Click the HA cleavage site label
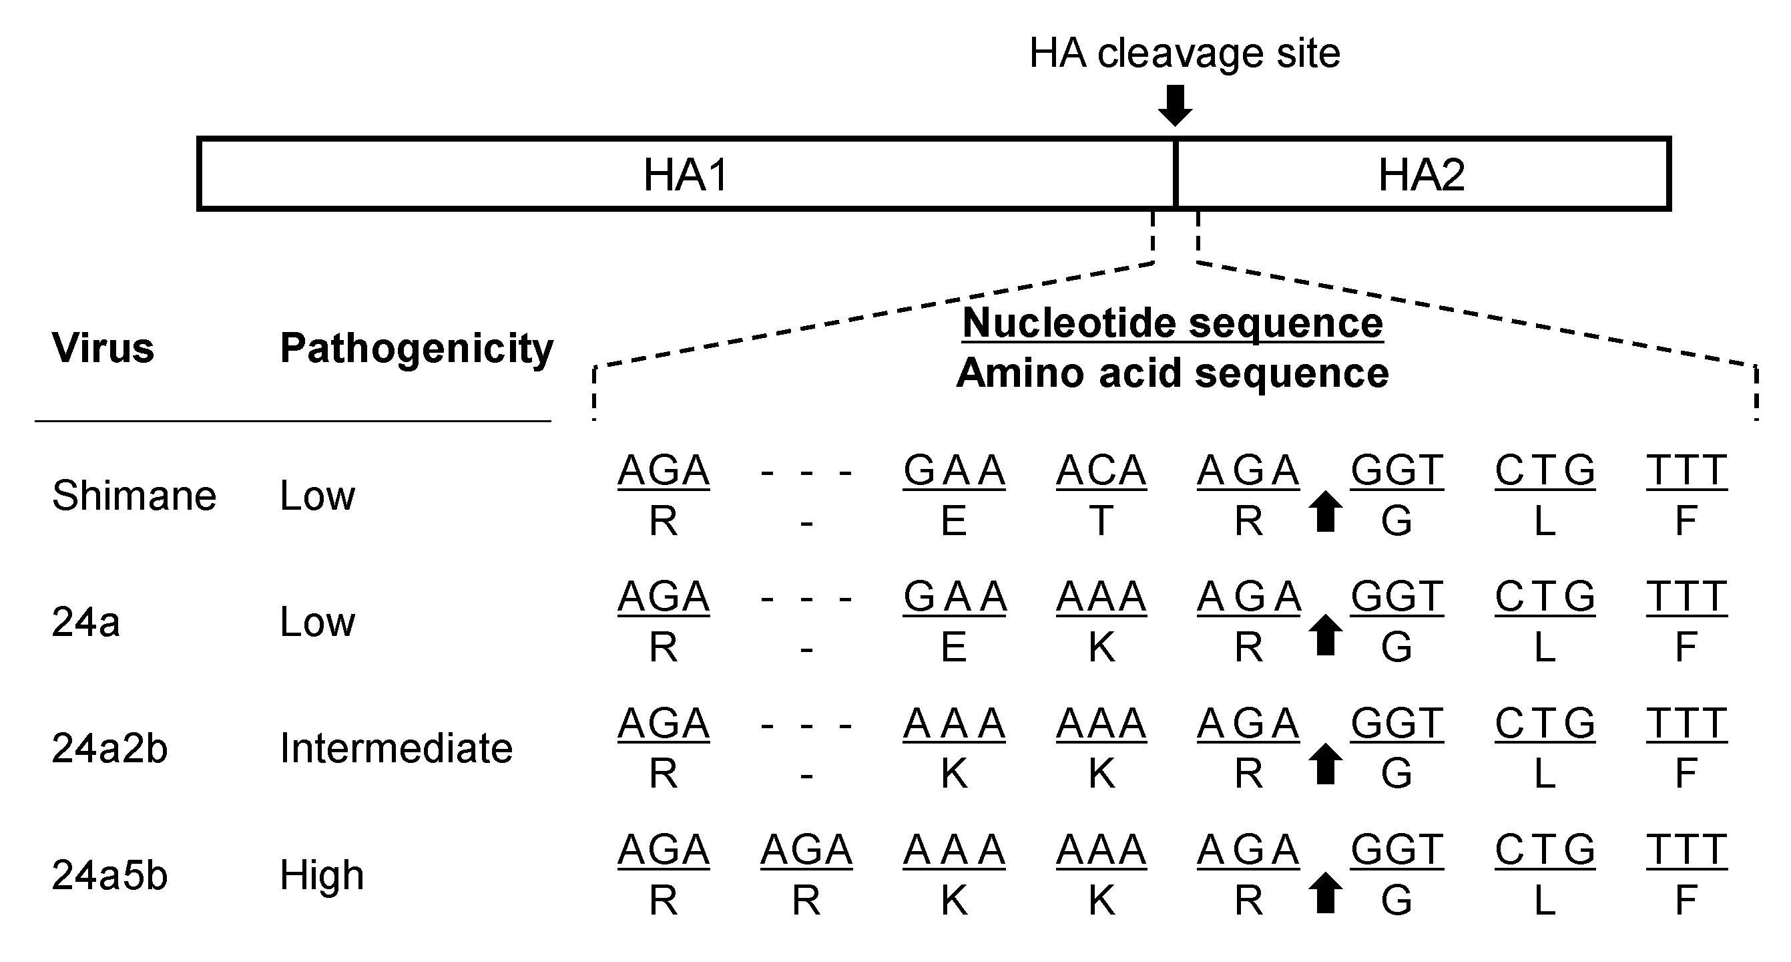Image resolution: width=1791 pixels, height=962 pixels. click(1184, 53)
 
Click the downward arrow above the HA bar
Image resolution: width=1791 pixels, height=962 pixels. click(1175, 105)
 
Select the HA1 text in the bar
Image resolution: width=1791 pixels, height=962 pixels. click(686, 174)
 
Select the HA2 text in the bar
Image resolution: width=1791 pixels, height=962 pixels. click(1421, 174)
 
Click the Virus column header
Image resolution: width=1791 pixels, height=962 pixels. click(103, 348)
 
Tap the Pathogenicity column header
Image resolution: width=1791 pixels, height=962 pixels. click(417, 349)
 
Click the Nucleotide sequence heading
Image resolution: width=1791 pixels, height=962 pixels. click(1172, 323)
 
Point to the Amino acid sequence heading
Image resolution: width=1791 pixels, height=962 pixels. click(1172, 373)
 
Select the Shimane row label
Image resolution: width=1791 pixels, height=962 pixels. click(134, 496)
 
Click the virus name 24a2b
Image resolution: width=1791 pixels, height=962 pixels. click(110, 749)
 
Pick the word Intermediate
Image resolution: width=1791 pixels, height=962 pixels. click(397, 748)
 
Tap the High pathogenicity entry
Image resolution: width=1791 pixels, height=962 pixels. click(322, 875)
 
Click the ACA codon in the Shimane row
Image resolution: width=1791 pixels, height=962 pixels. click(1101, 471)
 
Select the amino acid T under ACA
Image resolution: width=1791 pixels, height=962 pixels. click(1101, 521)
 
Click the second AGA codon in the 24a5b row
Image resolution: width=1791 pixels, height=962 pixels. click(806, 850)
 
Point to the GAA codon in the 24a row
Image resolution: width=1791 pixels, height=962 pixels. click(955, 597)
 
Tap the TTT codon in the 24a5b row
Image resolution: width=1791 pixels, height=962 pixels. click(1687, 850)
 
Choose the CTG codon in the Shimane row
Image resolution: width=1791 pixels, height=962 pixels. click(1545, 471)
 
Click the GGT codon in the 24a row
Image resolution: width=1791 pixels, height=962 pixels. click(1396, 597)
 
